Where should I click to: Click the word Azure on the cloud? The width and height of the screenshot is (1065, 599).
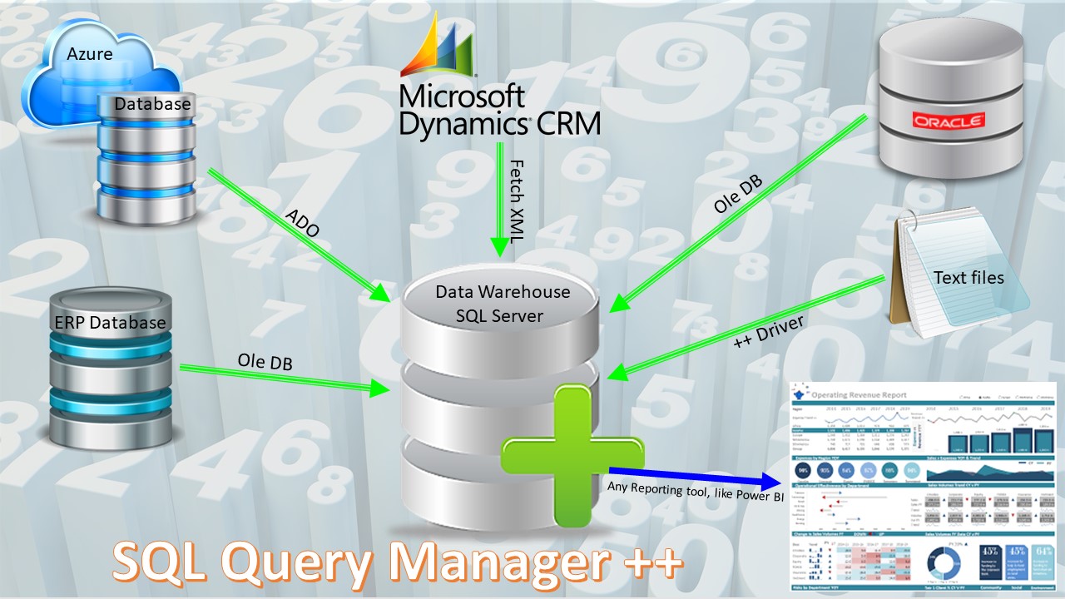[90, 54]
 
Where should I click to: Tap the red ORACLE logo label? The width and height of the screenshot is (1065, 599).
[949, 121]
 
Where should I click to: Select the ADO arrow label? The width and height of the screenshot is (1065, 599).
[301, 224]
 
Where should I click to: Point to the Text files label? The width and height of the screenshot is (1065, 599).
[968, 277]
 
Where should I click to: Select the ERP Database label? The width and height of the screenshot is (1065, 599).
[111, 323]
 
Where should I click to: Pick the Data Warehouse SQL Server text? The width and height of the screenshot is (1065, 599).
[503, 304]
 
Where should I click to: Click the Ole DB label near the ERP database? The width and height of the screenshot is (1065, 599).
[265, 363]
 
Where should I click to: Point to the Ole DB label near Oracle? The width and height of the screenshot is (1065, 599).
[739, 194]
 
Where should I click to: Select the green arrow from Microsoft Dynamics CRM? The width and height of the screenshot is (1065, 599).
[499, 200]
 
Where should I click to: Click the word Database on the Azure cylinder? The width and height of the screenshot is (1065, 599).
[152, 105]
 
